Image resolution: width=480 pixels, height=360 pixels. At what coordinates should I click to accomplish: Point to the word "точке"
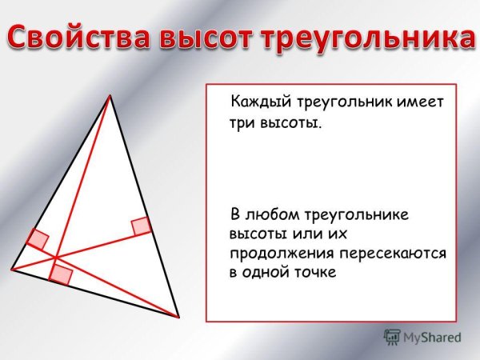tap(317, 272)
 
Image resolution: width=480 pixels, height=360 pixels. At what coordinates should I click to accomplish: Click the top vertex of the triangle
tap(110, 96)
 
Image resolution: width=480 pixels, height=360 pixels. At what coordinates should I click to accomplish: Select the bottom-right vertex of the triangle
tap(178, 317)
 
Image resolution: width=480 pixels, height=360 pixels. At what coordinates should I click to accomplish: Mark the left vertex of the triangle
tap(12, 270)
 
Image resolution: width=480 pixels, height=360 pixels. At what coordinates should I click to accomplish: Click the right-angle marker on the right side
tap(141, 226)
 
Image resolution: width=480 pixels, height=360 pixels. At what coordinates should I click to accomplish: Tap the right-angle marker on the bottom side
tap(61, 274)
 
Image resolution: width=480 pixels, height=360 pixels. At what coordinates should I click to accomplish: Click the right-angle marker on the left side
tap(38, 239)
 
